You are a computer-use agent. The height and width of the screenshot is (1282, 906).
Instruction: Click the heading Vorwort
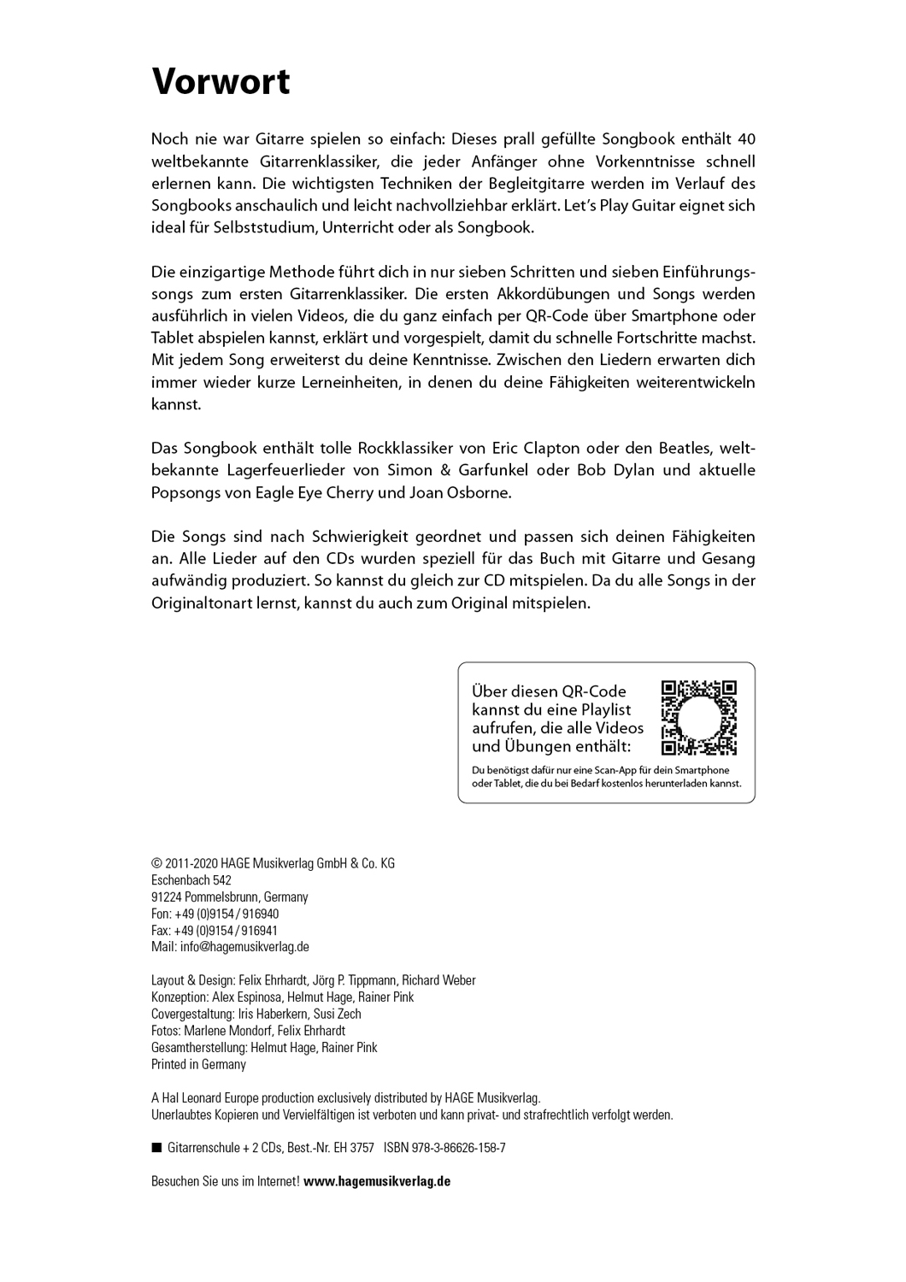(221, 82)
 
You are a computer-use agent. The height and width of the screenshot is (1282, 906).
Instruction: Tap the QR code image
(699, 718)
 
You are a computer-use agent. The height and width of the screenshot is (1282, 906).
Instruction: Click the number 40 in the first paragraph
(746, 138)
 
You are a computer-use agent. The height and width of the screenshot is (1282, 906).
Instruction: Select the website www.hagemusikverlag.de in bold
(377, 1181)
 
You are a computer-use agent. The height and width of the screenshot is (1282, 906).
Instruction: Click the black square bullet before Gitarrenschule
(156, 1148)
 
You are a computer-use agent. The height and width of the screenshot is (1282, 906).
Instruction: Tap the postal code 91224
(166, 897)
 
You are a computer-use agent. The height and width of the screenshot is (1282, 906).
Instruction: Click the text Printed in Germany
(198, 1064)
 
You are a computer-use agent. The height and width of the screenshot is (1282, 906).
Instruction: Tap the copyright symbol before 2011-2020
(156, 863)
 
